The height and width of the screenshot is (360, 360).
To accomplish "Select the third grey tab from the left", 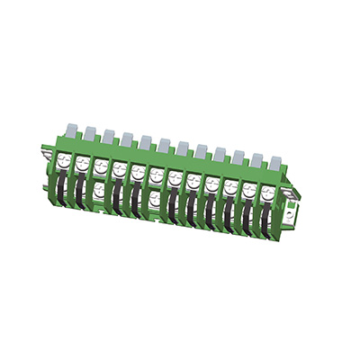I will (108, 137).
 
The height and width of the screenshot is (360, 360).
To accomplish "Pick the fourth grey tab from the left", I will (127, 139).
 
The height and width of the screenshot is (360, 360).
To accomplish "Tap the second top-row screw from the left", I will (82, 164).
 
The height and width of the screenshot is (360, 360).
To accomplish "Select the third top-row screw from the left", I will (101, 166).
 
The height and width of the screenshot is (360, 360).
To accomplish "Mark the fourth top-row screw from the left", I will (119, 169).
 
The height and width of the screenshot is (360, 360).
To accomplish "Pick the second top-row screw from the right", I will (248, 190).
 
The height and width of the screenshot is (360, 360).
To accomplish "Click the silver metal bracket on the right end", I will (290, 212).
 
